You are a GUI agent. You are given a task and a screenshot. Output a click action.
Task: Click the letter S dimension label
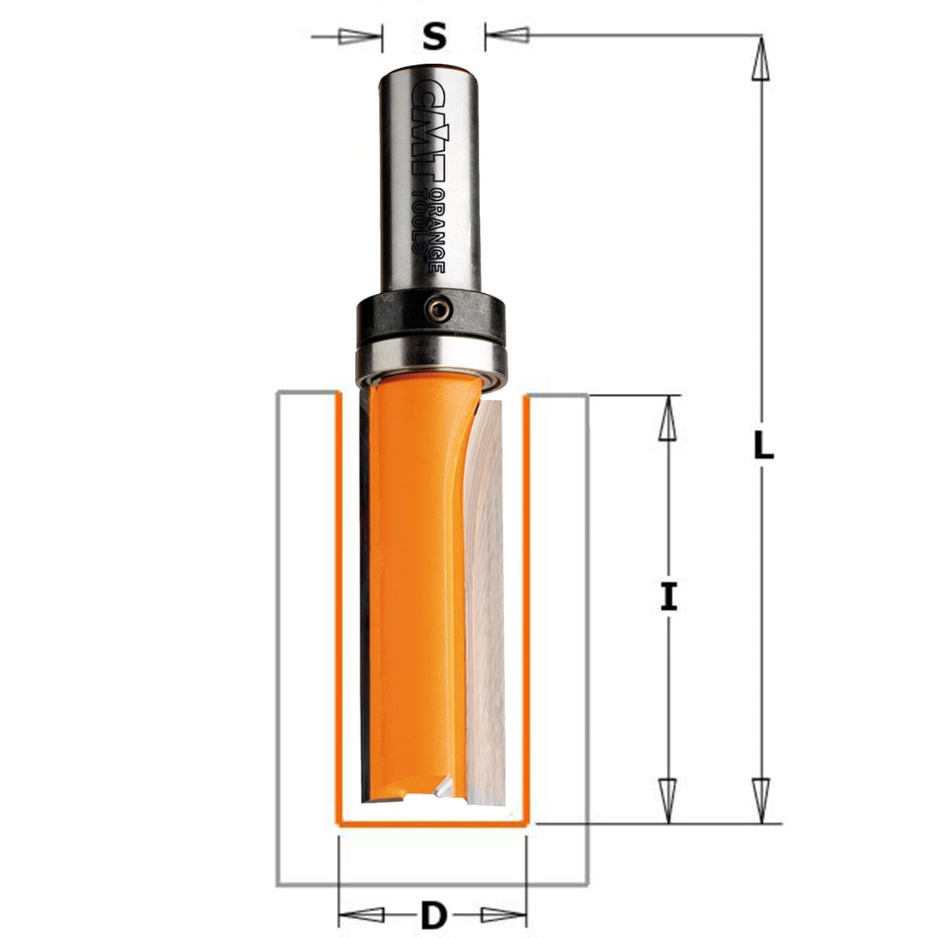tap(434, 37)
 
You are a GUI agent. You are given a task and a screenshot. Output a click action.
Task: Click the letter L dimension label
tap(763, 446)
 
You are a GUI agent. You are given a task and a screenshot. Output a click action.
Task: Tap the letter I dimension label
tap(669, 597)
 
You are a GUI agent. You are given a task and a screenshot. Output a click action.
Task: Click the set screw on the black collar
tap(439, 310)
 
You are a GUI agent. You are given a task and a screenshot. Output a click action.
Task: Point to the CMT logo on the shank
tap(429, 131)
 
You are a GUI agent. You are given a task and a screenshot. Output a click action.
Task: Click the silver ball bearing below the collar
tap(431, 361)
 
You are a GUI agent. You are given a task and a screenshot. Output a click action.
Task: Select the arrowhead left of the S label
tap(360, 37)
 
